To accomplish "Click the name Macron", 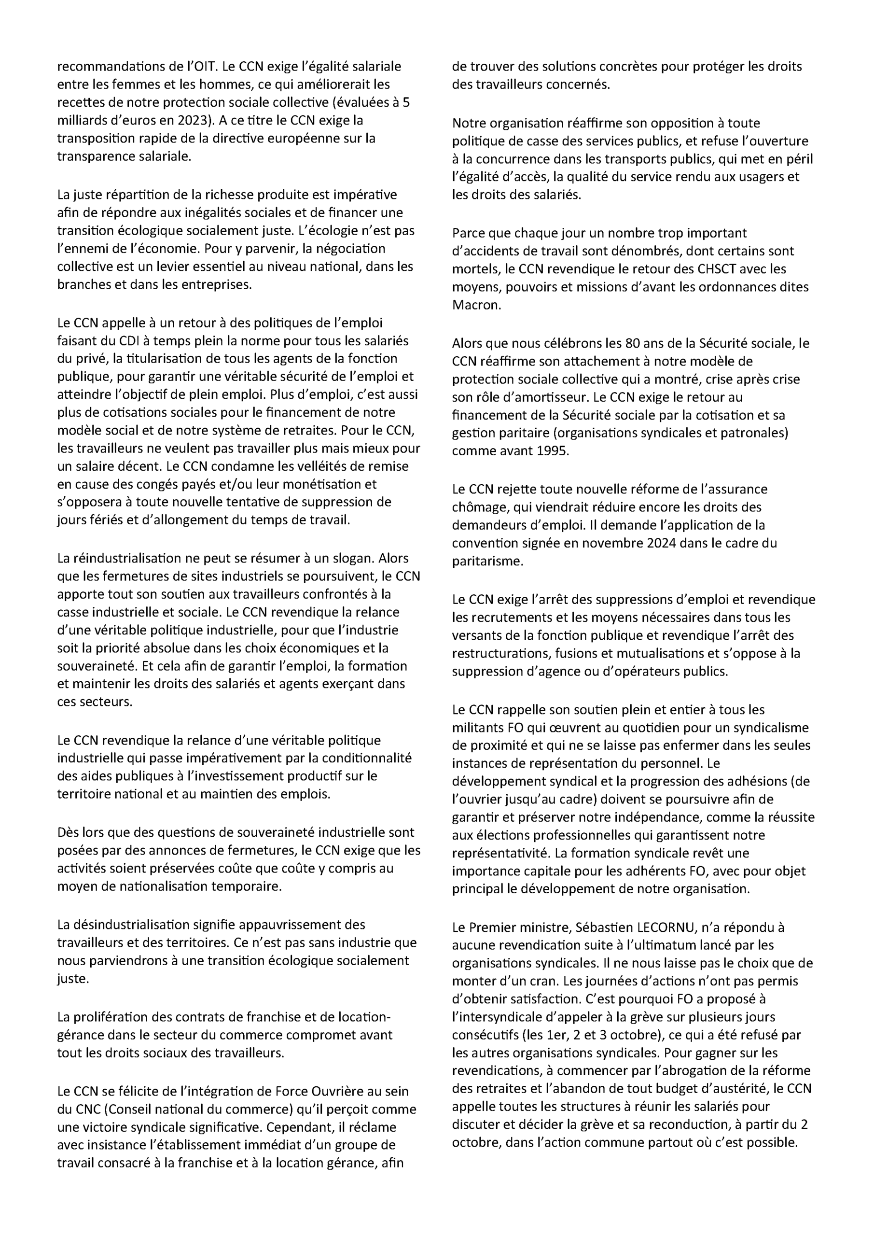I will pos(476,305).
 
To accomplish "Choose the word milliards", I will pos(80,121).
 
